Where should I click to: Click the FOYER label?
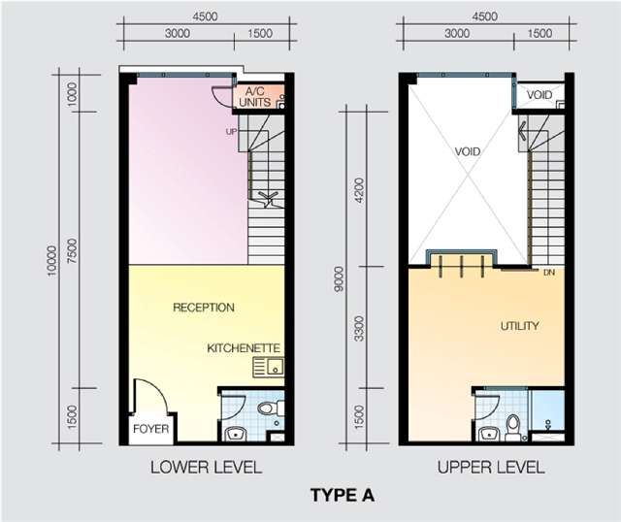(x=151, y=429)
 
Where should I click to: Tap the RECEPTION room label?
(x=204, y=308)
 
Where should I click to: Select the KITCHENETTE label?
(x=244, y=348)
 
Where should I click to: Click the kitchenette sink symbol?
(x=269, y=367)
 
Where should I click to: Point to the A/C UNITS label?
(x=255, y=97)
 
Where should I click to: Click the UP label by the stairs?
(x=231, y=132)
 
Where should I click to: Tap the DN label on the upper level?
(x=549, y=273)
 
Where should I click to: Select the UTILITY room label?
(x=520, y=326)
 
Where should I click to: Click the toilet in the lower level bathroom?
(x=271, y=408)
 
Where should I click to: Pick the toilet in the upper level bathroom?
(x=512, y=428)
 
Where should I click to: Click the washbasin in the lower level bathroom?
(x=236, y=435)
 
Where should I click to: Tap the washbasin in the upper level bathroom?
(x=489, y=435)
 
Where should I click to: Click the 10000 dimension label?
(x=52, y=261)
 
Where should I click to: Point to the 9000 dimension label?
(x=339, y=279)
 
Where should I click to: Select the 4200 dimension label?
(x=359, y=190)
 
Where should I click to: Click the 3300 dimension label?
(x=359, y=328)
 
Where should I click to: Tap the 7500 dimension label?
(x=73, y=250)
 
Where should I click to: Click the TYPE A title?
(x=343, y=496)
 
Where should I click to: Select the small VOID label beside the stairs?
(x=539, y=95)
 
